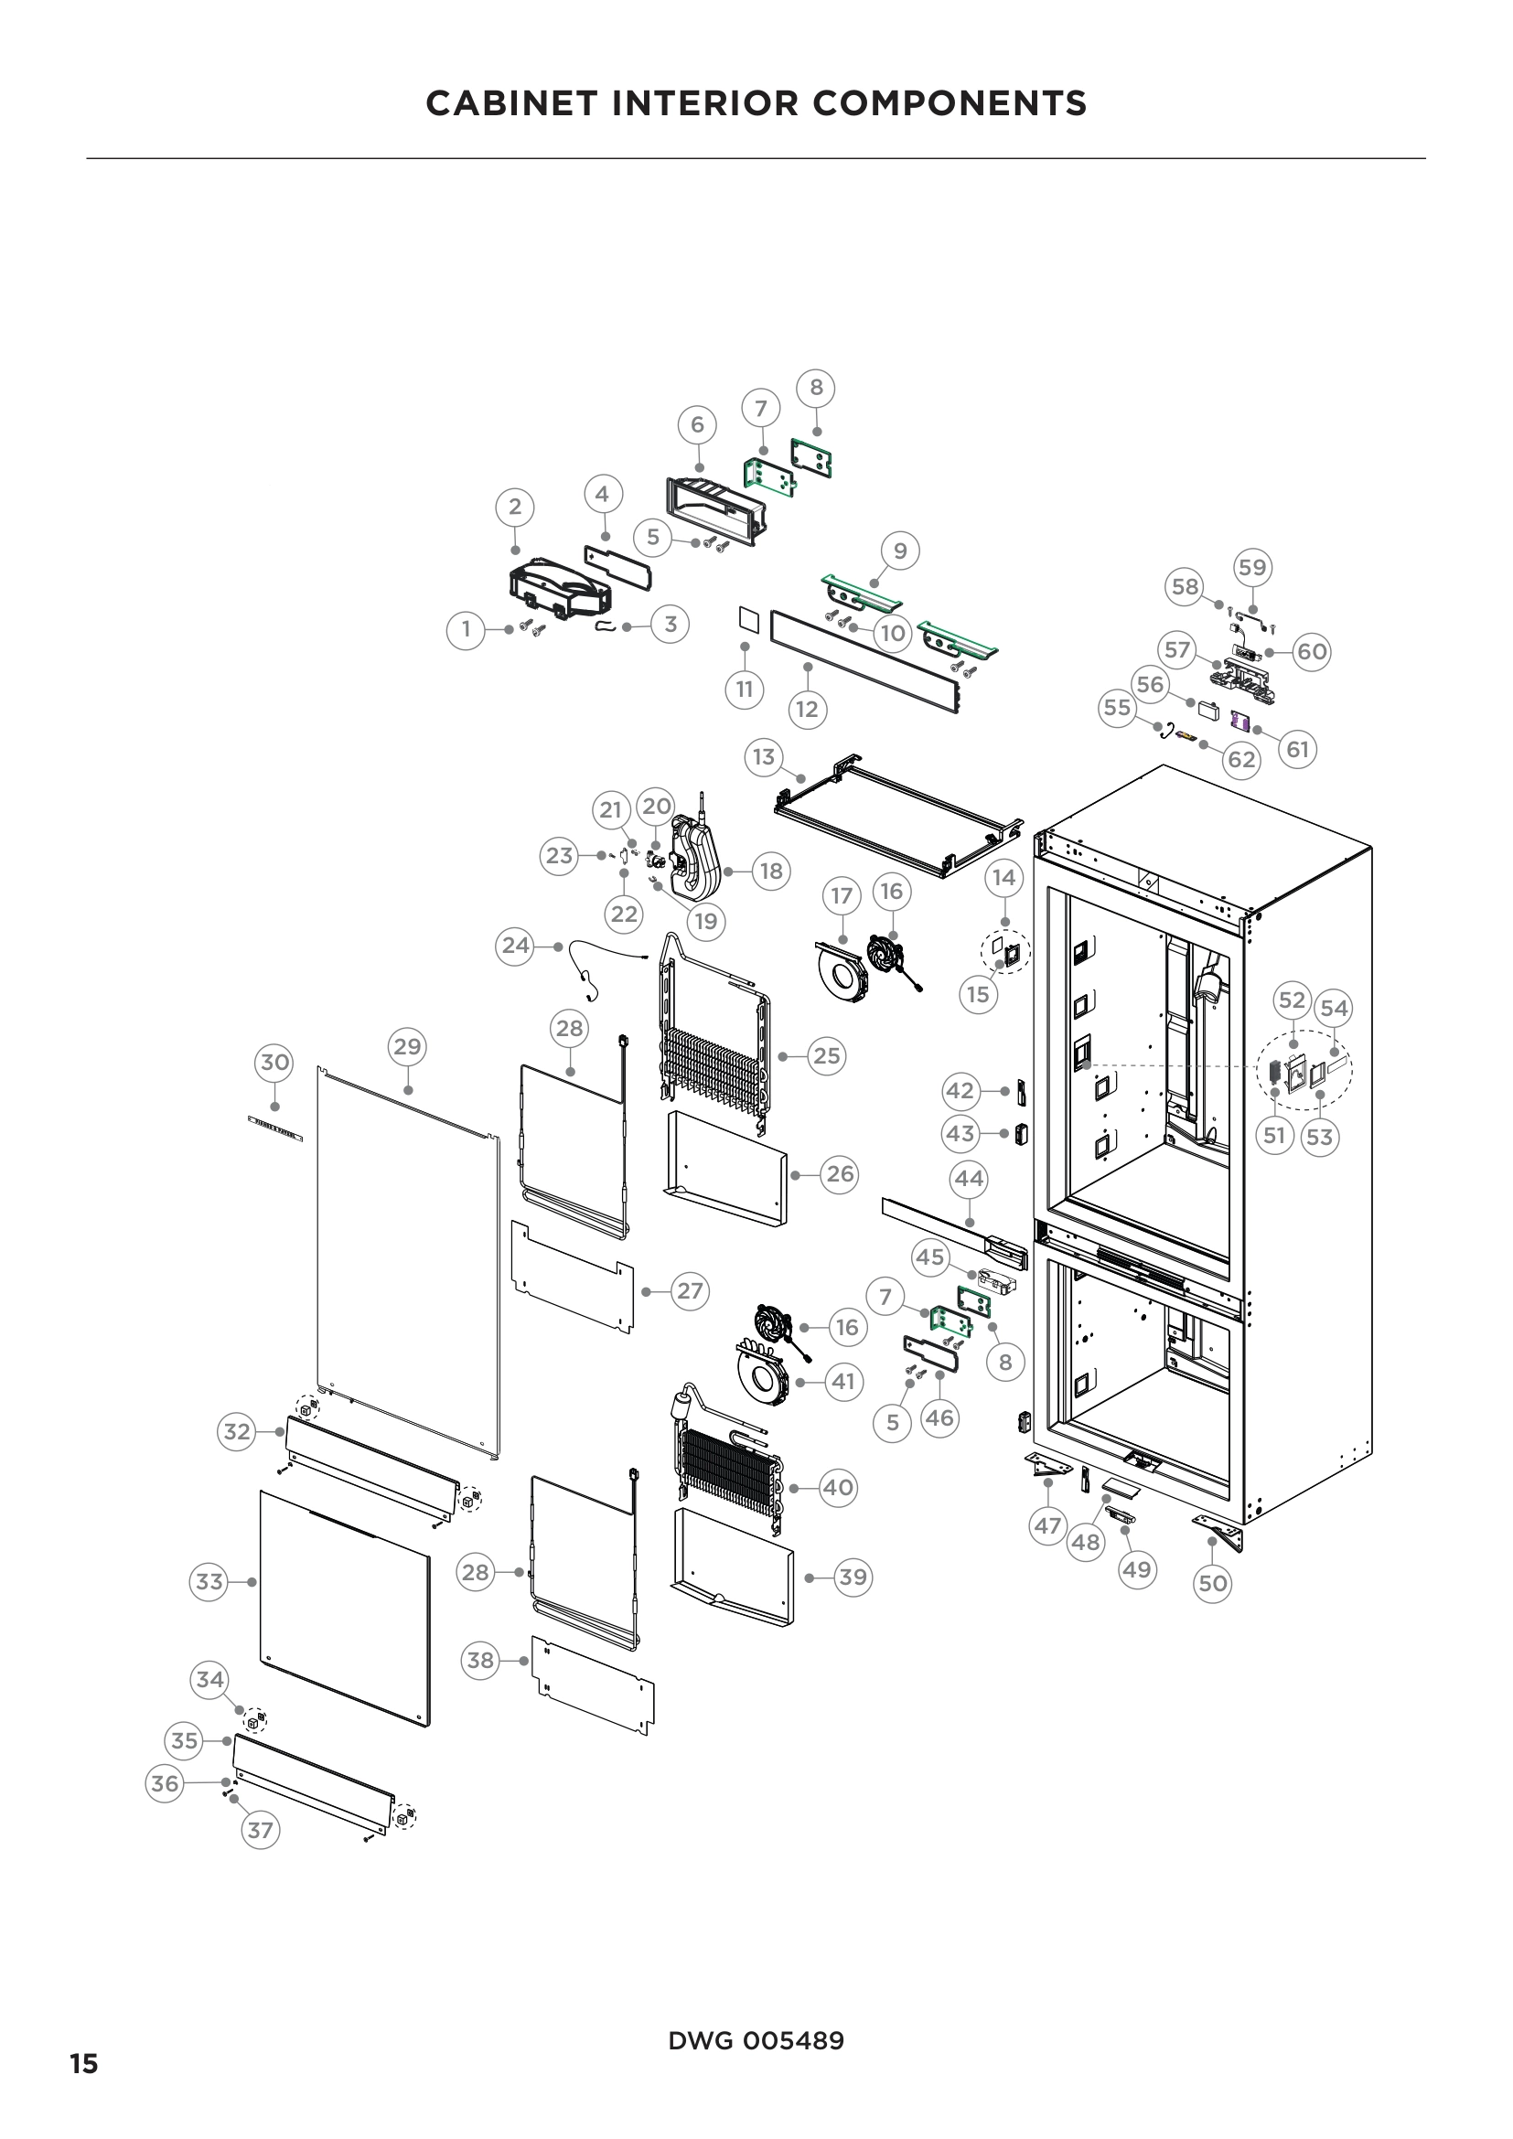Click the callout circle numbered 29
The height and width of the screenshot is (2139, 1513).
click(407, 1046)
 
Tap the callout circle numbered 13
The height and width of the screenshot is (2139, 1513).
click(764, 756)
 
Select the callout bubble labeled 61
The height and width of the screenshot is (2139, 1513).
click(1298, 749)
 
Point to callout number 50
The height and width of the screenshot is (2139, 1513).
click(1212, 1583)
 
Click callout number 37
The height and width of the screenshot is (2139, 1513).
click(260, 1831)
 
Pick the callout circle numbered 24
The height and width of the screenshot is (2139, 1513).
click(515, 946)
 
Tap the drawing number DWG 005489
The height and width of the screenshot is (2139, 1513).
click(756, 2041)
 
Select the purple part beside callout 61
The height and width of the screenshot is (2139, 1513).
click(1239, 720)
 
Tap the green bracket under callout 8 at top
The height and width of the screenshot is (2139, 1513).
click(810, 458)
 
